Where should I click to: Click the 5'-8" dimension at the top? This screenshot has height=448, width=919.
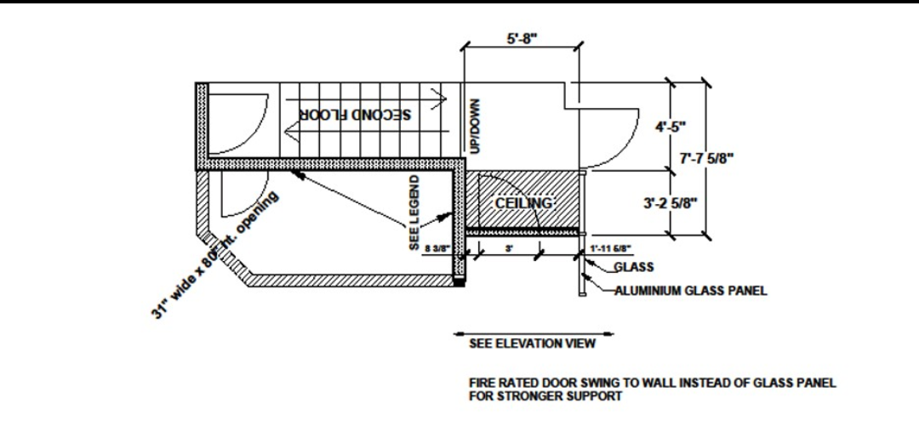point(522,39)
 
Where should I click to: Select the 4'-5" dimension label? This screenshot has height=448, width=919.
point(671,128)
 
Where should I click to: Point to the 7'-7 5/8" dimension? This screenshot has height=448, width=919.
point(707,157)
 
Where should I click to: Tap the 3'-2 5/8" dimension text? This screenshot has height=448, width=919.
point(671,202)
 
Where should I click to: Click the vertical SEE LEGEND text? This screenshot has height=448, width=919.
point(414,213)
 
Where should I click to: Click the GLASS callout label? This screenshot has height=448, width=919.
point(633,267)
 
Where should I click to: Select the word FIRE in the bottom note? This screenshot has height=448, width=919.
point(483,383)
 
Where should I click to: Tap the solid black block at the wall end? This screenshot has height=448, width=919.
point(460,281)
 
